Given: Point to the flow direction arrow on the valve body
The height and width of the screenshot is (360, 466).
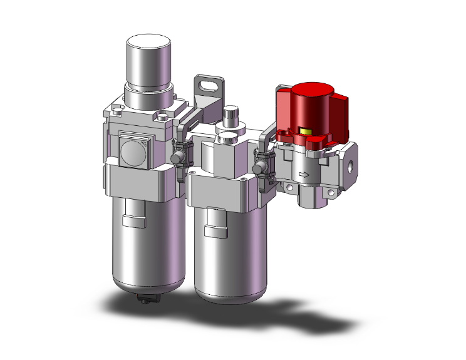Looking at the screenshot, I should coord(305,175).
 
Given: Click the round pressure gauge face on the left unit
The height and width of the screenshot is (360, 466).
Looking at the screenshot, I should coord(133,151).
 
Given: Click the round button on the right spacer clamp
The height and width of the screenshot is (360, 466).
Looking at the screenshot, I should coord(259,167).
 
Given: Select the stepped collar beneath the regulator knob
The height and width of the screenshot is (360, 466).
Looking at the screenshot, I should coord(149,97).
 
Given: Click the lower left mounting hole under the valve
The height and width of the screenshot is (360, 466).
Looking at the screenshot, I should coord(289,188).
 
